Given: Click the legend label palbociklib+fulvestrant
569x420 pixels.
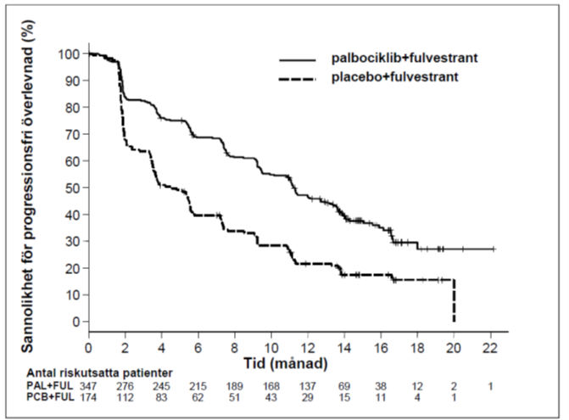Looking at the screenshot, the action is (404, 58).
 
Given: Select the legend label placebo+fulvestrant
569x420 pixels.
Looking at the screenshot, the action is (395, 77).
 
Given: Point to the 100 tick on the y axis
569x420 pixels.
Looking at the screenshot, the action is (69, 54).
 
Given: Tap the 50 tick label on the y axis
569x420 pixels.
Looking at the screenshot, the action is (73, 188).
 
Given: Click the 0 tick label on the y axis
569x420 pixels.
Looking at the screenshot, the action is (76, 322).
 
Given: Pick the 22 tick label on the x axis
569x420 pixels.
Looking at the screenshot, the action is (490, 348).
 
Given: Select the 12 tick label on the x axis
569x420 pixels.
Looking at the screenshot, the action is (307, 348).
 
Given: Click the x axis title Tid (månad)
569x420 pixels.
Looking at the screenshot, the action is (285, 363).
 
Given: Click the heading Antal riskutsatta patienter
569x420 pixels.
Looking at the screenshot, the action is (99, 373).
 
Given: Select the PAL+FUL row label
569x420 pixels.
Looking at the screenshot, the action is (50, 385).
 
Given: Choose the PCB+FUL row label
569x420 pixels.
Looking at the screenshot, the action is (50, 397).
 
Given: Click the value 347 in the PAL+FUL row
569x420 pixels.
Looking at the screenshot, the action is (88, 386).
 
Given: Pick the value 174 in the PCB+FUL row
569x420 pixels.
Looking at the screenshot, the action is (88, 397).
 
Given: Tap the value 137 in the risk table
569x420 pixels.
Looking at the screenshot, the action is (307, 386).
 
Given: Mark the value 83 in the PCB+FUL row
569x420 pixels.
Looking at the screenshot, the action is (161, 397).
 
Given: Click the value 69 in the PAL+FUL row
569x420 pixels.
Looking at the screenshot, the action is (344, 386).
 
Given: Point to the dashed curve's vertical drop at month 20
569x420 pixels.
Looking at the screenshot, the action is (454, 300).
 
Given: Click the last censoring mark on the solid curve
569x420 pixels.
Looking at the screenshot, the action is (494, 249).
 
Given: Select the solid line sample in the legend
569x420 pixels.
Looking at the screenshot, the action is (298, 60).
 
